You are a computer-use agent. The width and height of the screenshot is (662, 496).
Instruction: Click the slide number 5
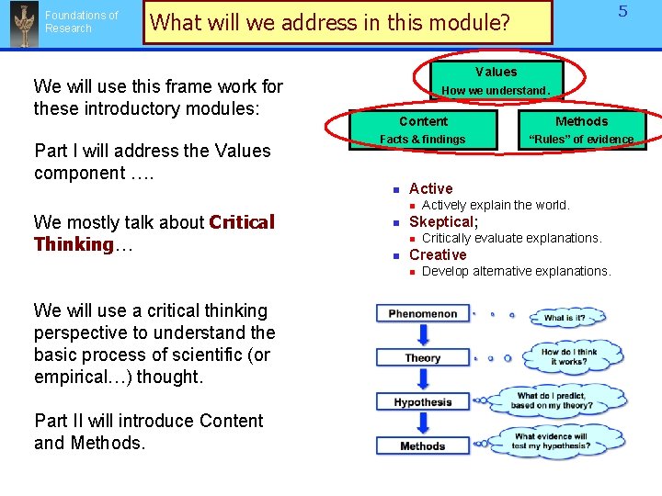(x=622, y=12)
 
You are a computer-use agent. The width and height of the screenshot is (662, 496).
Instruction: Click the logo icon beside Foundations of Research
(x=22, y=23)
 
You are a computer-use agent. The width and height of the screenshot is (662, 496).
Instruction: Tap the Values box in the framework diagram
(x=496, y=80)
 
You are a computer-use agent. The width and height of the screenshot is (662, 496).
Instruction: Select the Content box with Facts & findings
(x=423, y=130)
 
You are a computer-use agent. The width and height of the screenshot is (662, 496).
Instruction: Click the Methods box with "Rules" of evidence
(x=581, y=130)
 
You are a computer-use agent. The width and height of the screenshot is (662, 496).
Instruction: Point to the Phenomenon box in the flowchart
(x=422, y=313)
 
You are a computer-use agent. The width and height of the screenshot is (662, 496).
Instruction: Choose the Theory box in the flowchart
(x=422, y=358)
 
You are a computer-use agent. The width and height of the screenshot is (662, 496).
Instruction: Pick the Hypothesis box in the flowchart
(x=422, y=402)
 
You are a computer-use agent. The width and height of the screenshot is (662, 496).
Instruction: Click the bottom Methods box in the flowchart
(x=422, y=446)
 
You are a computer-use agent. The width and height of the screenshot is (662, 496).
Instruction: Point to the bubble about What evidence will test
(x=552, y=442)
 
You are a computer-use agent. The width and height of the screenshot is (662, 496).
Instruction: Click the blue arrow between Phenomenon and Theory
(x=422, y=334)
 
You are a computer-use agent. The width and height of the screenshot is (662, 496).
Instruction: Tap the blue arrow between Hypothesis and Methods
(x=422, y=424)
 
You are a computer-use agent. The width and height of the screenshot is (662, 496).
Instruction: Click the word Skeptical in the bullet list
(x=441, y=221)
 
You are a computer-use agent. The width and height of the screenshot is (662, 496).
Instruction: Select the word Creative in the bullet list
(x=438, y=254)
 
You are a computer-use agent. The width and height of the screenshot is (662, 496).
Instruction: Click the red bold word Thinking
(x=73, y=244)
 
